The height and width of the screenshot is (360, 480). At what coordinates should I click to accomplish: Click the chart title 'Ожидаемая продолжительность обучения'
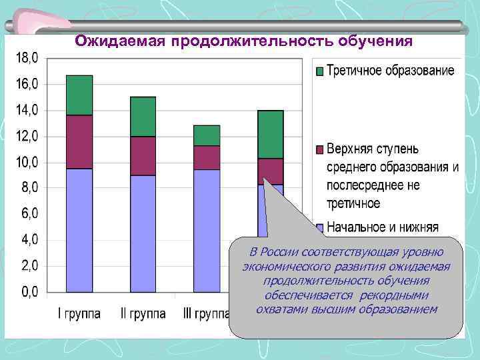point(244,42)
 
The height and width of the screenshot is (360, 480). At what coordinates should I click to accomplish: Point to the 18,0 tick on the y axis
point(27,58)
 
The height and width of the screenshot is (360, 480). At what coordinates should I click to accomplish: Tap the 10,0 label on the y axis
point(27,162)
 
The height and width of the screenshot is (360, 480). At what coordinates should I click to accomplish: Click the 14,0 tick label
point(27,110)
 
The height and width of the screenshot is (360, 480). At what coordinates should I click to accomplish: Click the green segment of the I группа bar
point(79,95)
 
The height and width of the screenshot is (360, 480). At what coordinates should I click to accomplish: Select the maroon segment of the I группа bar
point(79,142)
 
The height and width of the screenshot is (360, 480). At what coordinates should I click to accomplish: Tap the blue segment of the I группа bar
point(79,230)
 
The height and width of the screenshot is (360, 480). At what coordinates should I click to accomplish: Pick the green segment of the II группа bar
point(143,117)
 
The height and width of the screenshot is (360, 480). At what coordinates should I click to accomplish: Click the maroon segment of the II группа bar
point(143,156)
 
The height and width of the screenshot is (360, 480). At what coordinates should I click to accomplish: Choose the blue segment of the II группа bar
point(143,233)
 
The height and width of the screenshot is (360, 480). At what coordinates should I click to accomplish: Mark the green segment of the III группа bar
point(207,135)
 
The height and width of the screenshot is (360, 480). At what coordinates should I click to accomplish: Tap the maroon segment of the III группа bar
point(207,157)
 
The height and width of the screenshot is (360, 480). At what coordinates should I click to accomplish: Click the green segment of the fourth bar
point(271,134)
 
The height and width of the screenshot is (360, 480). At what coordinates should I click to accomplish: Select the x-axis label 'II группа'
point(142,313)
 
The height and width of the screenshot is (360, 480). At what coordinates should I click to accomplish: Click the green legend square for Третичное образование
point(319,71)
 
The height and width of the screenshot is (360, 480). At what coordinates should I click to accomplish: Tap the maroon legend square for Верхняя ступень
point(319,149)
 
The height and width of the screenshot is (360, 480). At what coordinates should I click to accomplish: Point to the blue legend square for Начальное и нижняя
point(319,227)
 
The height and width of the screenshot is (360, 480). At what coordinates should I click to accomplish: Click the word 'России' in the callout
point(279,251)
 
